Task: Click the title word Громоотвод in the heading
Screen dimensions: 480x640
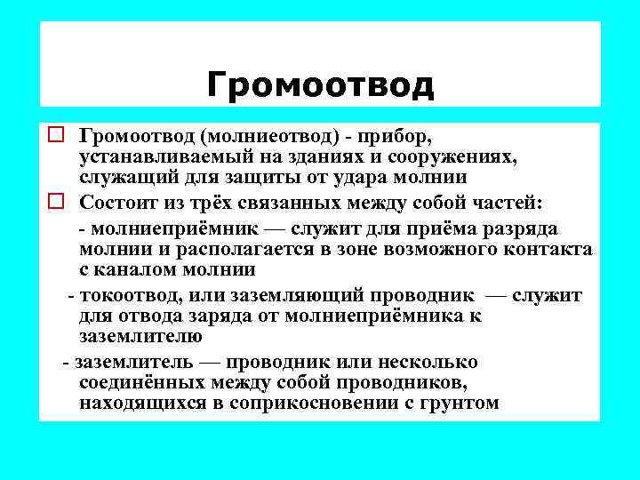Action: point(320,85)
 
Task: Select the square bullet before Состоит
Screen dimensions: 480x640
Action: point(55,201)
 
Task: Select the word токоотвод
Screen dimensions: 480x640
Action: point(124,293)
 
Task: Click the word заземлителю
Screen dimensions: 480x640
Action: point(140,337)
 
